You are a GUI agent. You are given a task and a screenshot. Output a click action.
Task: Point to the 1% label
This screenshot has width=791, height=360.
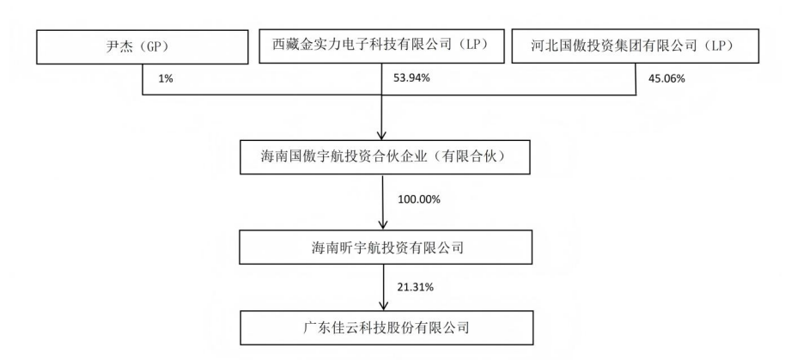pyautogui.click(x=166, y=79)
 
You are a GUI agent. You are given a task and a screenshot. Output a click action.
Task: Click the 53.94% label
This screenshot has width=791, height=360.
pyautogui.click(x=411, y=78)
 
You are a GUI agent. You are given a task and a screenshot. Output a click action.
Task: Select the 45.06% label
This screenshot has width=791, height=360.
pyautogui.click(x=666, y=78)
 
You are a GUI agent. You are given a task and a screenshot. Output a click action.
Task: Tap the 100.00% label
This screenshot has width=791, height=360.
pyautogui.click(x=419, y=199)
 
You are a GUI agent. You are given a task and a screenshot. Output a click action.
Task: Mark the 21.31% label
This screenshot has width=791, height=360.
pyautogui.click(x=416, y=288)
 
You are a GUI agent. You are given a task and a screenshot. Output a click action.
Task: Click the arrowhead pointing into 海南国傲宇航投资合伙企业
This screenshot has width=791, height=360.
pyautogui.click(x=382, y=135)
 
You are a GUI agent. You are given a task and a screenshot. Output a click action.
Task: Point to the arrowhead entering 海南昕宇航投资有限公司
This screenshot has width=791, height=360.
pyautogui.click(x=383, y=225)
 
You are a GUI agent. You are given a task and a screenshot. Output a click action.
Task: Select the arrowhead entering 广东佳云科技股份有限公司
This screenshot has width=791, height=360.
pyautogui.click(x=383, y=306)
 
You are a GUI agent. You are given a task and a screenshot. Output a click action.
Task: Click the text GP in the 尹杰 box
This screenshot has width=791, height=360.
pyautogui.click(x=149, y=47)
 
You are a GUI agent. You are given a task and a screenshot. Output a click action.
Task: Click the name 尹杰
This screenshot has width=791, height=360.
pyautogui.click(x=117, y=47)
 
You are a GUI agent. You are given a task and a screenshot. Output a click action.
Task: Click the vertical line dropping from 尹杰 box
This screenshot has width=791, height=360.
pyautogui.click(x=143, y=79)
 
